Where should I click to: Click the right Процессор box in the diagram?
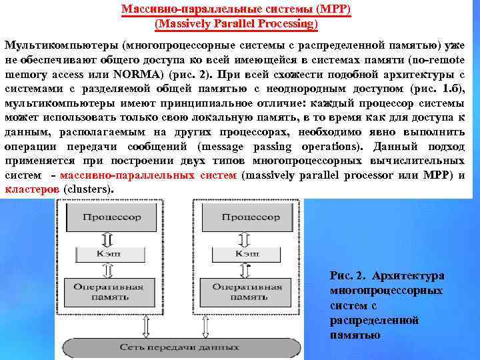[x=250, y=218]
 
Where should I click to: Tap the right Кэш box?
[x=250, y=254]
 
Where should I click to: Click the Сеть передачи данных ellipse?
[x=180, y=347]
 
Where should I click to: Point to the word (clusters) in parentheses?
[x=88, y=189]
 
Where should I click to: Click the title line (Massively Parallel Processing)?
[x=236, y=25]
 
